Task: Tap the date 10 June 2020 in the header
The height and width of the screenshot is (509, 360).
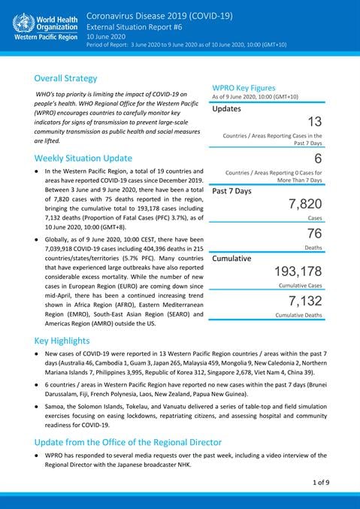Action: point(107,37)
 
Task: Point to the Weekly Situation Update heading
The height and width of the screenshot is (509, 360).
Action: point(83,158)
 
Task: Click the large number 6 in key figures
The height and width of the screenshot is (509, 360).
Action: point(318,159)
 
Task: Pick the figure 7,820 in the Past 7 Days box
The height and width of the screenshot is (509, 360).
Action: point(305,204)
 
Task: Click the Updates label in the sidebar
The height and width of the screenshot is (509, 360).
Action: point(227,108)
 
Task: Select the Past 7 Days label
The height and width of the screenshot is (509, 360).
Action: point(232,191)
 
